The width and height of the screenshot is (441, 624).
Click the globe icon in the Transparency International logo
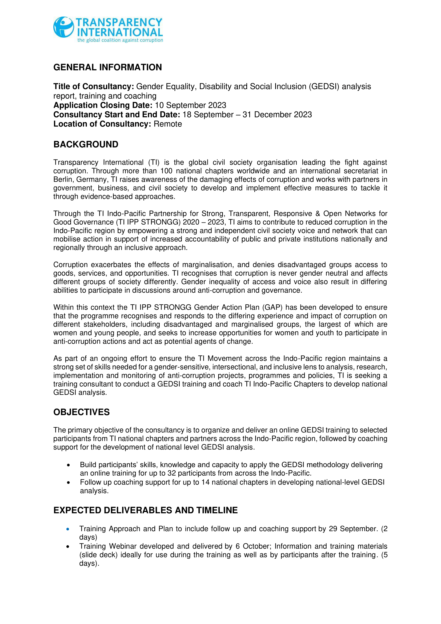click(x=63, y=27)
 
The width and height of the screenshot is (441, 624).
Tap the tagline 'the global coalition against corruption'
click(x=120, y=40)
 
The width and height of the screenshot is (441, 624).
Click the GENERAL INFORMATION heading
click(x=107, y=67)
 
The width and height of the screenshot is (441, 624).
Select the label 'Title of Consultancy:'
click(x=94, y=86)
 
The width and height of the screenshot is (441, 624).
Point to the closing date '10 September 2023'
click(x=190, y=105)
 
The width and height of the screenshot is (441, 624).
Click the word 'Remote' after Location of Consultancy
click(x=168, y=124)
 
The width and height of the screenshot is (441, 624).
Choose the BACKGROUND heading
click(x=86, y=144)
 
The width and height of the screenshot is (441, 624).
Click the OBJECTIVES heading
click(x=82, y=412)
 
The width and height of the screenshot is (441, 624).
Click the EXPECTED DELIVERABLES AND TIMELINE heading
click(x=146, y=510)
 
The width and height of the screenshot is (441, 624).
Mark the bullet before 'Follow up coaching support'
click(x=69, y=483)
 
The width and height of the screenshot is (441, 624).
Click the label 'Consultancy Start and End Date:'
click(x=117, y=115)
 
